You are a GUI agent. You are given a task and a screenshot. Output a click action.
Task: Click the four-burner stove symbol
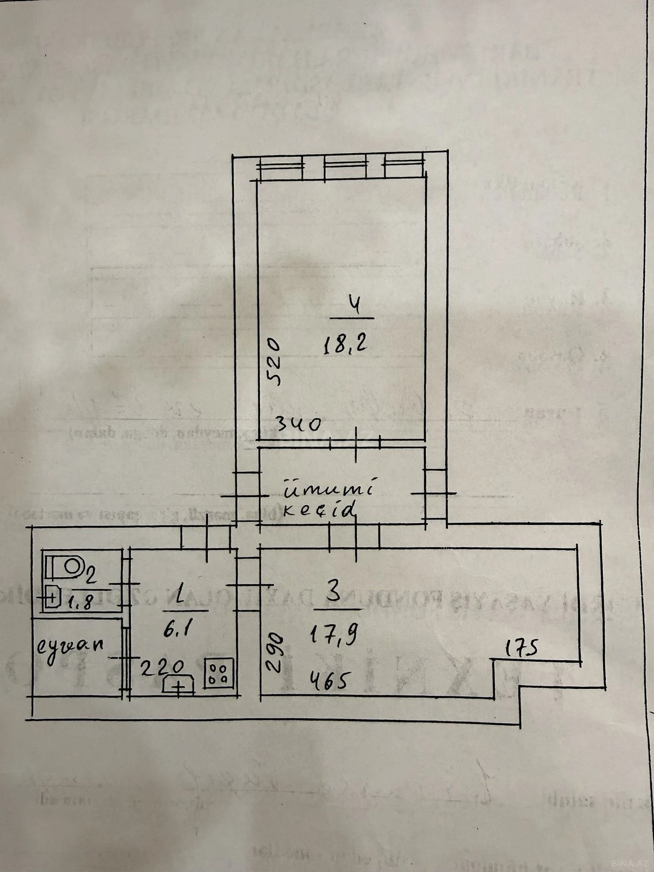tap(220, 671)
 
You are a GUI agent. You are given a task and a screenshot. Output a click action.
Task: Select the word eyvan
tap(71, 646)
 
